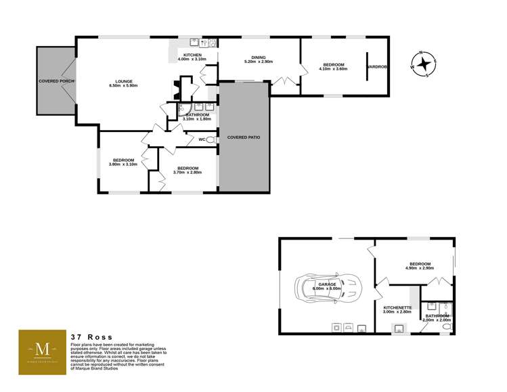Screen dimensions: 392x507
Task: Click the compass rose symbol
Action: (424, 64)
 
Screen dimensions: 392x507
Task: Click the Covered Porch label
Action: (56, 81)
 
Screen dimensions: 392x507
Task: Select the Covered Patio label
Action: (244, 137)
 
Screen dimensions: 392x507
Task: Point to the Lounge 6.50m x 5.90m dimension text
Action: (123, 86)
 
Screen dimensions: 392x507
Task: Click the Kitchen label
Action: (192, 54)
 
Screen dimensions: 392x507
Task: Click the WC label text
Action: (202, 139)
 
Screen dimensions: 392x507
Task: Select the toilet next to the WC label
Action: (212, 139)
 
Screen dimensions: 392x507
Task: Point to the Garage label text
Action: (326, 284)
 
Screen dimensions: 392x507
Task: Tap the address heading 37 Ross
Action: (91, 336)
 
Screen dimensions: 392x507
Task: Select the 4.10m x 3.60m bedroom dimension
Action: (333, 70)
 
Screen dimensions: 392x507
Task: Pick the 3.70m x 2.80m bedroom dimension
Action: (188, 173)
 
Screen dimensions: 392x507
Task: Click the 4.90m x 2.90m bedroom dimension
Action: (420, 269)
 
